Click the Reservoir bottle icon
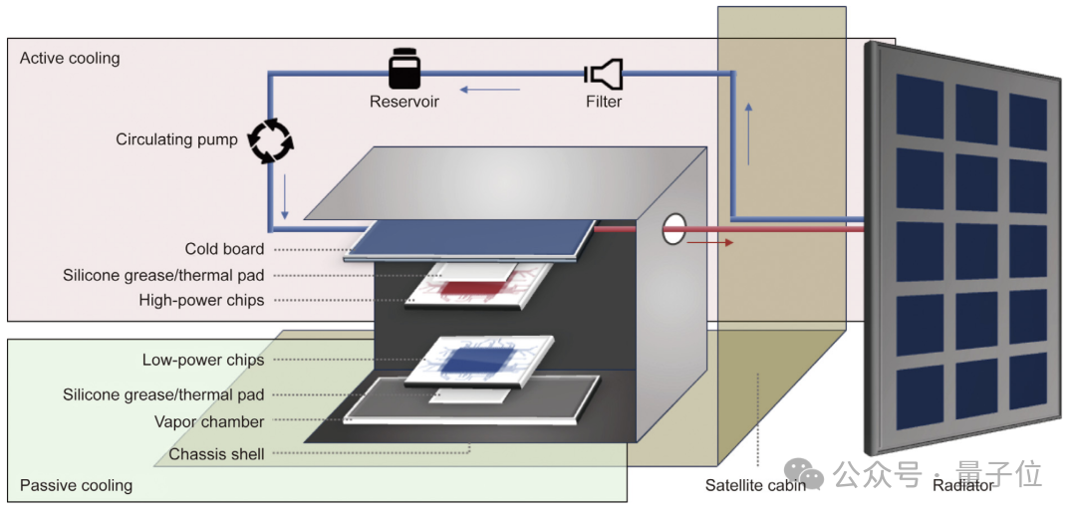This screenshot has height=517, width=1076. click(404, 71)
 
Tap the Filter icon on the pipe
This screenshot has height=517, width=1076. click(604, 73)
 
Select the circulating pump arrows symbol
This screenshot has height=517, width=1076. click(269, 140)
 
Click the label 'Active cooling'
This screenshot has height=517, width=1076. click(70, 58)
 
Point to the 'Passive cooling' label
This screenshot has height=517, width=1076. click(76, 486)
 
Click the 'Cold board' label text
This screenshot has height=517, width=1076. click(224, 249)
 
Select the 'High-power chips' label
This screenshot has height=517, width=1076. click(201, 300)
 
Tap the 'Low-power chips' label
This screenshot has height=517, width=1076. click(203, 360)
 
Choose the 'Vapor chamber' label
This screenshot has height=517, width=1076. click(209, 421)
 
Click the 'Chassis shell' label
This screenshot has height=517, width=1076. click(216, 454)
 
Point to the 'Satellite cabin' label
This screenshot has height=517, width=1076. click(755, 486)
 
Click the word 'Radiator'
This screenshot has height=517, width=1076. click(962, 486)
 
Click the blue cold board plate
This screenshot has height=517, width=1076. click(468, 240)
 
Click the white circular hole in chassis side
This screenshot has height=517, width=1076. click(674, 228)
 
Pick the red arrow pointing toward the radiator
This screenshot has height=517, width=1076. click(712, 241)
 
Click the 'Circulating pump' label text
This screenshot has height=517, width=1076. click(176, 139)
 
